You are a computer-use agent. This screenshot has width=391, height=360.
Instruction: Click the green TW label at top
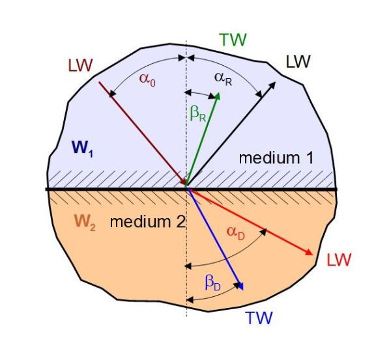(233, 40)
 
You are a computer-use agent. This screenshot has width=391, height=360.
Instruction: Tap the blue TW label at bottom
(259, 318)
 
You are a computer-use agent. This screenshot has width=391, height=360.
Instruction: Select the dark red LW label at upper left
(80, 66)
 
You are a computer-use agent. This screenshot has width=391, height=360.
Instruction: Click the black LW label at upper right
(298, 62)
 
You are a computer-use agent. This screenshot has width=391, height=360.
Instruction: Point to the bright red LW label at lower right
(339, 260)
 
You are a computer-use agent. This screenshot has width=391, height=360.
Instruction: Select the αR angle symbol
(223, 79)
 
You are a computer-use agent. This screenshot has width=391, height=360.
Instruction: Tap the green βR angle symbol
(198, 113)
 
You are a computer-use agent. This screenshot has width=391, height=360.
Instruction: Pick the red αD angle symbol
(236, 232)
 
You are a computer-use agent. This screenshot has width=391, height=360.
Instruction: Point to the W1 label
(83, 148)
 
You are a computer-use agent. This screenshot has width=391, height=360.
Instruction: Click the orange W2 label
(85, 222)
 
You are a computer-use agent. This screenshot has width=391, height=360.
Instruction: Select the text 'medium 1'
(276, 158)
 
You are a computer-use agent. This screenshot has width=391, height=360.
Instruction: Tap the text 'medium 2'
(148, 222)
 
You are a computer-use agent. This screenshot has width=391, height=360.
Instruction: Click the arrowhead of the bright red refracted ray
(310, 252)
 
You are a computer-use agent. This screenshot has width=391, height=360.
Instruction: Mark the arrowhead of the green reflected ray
(217, 96)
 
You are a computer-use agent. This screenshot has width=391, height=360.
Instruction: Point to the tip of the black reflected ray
(275, 82)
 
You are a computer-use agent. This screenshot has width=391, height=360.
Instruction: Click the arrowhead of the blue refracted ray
(240, 286)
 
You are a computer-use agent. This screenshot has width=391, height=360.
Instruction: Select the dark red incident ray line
(143, 134)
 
